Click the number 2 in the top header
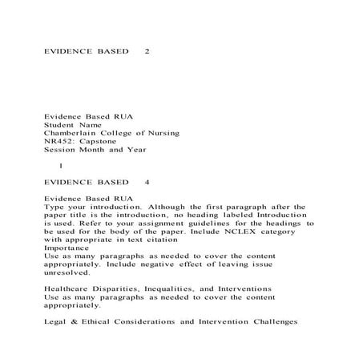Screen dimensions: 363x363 (146, 51)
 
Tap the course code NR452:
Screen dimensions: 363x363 (59, 140)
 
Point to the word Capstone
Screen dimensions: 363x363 (99, 140)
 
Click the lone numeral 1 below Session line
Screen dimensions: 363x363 (61, 165)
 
